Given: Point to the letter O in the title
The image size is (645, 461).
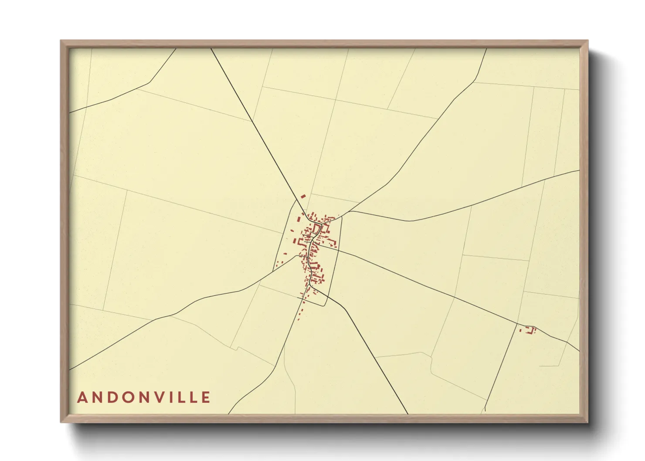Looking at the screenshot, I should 126,397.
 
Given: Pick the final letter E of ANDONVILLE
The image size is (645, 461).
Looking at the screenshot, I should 206,397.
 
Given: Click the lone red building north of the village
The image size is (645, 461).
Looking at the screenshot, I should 303,197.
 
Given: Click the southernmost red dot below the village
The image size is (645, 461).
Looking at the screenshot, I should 298,320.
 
